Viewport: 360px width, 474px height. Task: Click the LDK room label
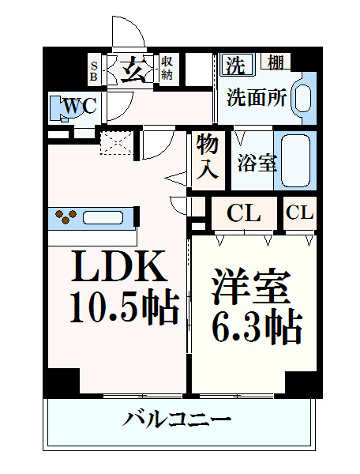[x=119, y=266]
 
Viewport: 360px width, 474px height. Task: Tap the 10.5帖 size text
[x=125, y=307]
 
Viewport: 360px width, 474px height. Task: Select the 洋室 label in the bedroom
[x=251, y=286]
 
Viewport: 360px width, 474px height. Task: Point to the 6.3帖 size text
[x=257, y=325]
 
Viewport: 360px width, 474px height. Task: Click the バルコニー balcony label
[x=177, y=419]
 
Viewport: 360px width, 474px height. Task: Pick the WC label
[x=80, y=106]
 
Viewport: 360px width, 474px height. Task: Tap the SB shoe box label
[x=94, y=71]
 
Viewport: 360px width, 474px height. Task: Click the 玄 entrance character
[x=133, y=70]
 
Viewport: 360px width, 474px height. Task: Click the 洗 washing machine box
[x=237, y=64]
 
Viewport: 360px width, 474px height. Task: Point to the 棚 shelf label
[x=276, y=62]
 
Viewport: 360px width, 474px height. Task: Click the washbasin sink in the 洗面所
[x=302, y=98]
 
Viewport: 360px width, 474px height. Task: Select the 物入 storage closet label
[x=208, y=161]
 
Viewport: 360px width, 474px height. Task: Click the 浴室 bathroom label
[x=257, y=163]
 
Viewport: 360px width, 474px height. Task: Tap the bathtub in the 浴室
[x=295, y=160]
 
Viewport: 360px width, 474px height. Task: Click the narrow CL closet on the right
[x=299, y=213]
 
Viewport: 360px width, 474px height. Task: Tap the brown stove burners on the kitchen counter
[x=66, y=216]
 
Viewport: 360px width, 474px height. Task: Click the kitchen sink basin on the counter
[x=103, y=218]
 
